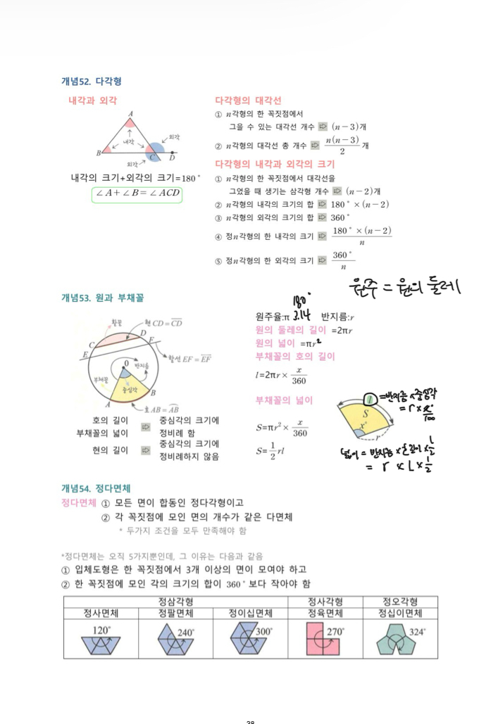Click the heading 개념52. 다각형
tap(92, 82)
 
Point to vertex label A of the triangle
tap(131, 114)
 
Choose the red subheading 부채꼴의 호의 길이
tap(295, 357)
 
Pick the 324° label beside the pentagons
tap(417, 632)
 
